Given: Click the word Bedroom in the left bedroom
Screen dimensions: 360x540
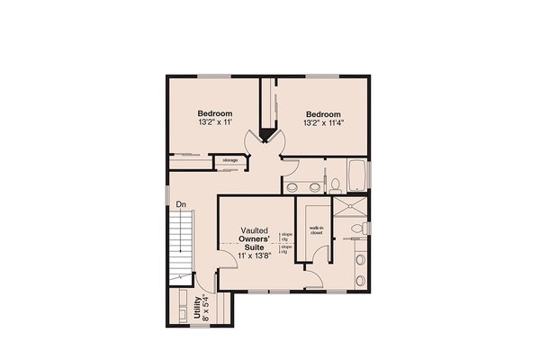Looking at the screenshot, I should click(x=215, y=113).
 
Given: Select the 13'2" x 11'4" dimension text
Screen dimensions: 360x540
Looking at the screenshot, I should click(x=323, y=123).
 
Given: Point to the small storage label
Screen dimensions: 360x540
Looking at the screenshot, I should click(x=224, y=161).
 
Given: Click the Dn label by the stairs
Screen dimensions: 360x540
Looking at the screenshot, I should click(x=180, y=204).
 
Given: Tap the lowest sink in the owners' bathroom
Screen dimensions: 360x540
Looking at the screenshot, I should click(x=360, y=276).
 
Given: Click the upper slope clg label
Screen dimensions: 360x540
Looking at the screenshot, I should click(x=286, y=236).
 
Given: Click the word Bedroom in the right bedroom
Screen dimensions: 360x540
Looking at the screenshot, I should click(x=323, y=114).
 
